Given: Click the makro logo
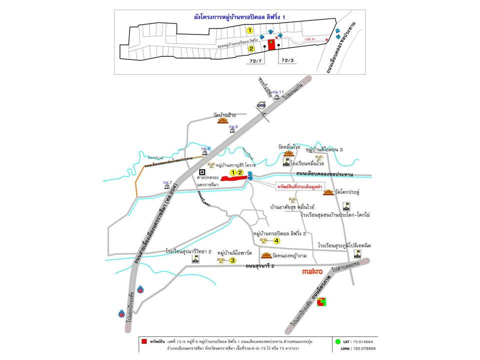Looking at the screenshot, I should tap(315, 272).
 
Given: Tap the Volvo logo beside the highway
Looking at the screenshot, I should tap(261, 105).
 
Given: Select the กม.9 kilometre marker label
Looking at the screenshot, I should tap(233, 127).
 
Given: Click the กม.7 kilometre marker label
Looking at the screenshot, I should tap(167, 182).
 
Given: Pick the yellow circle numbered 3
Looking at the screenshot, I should tap(232, 260).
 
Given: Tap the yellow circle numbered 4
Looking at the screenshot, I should tap(276, 240).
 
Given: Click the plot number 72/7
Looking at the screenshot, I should tap(256, 61).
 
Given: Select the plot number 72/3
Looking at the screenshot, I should tap(287, 60).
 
